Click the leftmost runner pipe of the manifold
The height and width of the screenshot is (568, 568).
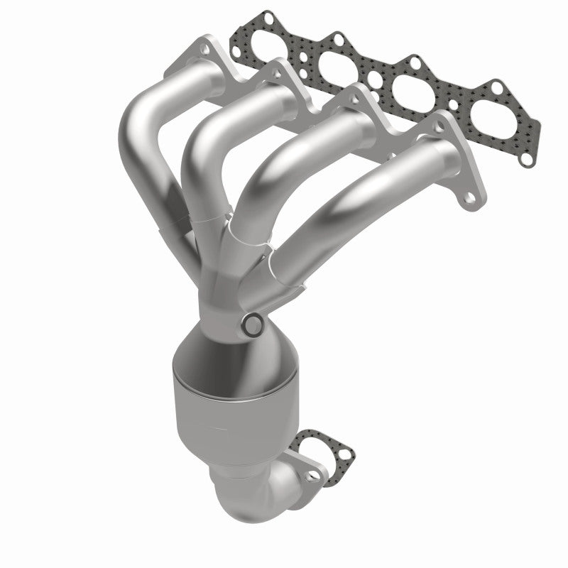pyautogui.click(x=153, y=135)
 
